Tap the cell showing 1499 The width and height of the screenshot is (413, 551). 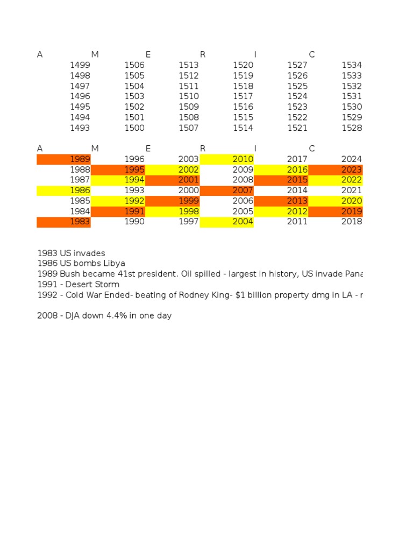(x=80, y=65)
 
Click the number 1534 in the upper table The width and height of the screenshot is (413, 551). (x=352, y=65)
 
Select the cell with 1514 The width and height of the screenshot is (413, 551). (x=243, y=128)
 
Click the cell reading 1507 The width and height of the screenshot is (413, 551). (x=189, y=128)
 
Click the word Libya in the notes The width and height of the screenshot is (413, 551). (x=115, y=264)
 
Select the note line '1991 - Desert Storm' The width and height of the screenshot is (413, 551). (x=79, y=285)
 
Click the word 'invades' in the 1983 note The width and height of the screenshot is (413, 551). (x=90, y=253)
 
